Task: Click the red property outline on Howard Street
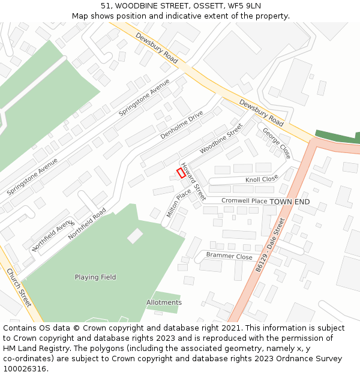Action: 181,173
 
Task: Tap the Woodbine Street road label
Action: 221,138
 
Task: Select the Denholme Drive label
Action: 181,125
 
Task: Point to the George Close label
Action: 277,143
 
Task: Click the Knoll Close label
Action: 262,179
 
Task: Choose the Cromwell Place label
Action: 244,201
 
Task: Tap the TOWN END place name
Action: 290,202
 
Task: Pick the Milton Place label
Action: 179,203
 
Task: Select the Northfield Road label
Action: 87,224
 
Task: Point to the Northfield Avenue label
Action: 52,235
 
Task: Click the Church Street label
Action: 19,287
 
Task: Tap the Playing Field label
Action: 95,277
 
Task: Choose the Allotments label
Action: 164,302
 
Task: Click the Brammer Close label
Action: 229,256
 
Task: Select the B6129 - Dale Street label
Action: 269,245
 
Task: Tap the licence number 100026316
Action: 25,368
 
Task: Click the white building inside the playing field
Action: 135,236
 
